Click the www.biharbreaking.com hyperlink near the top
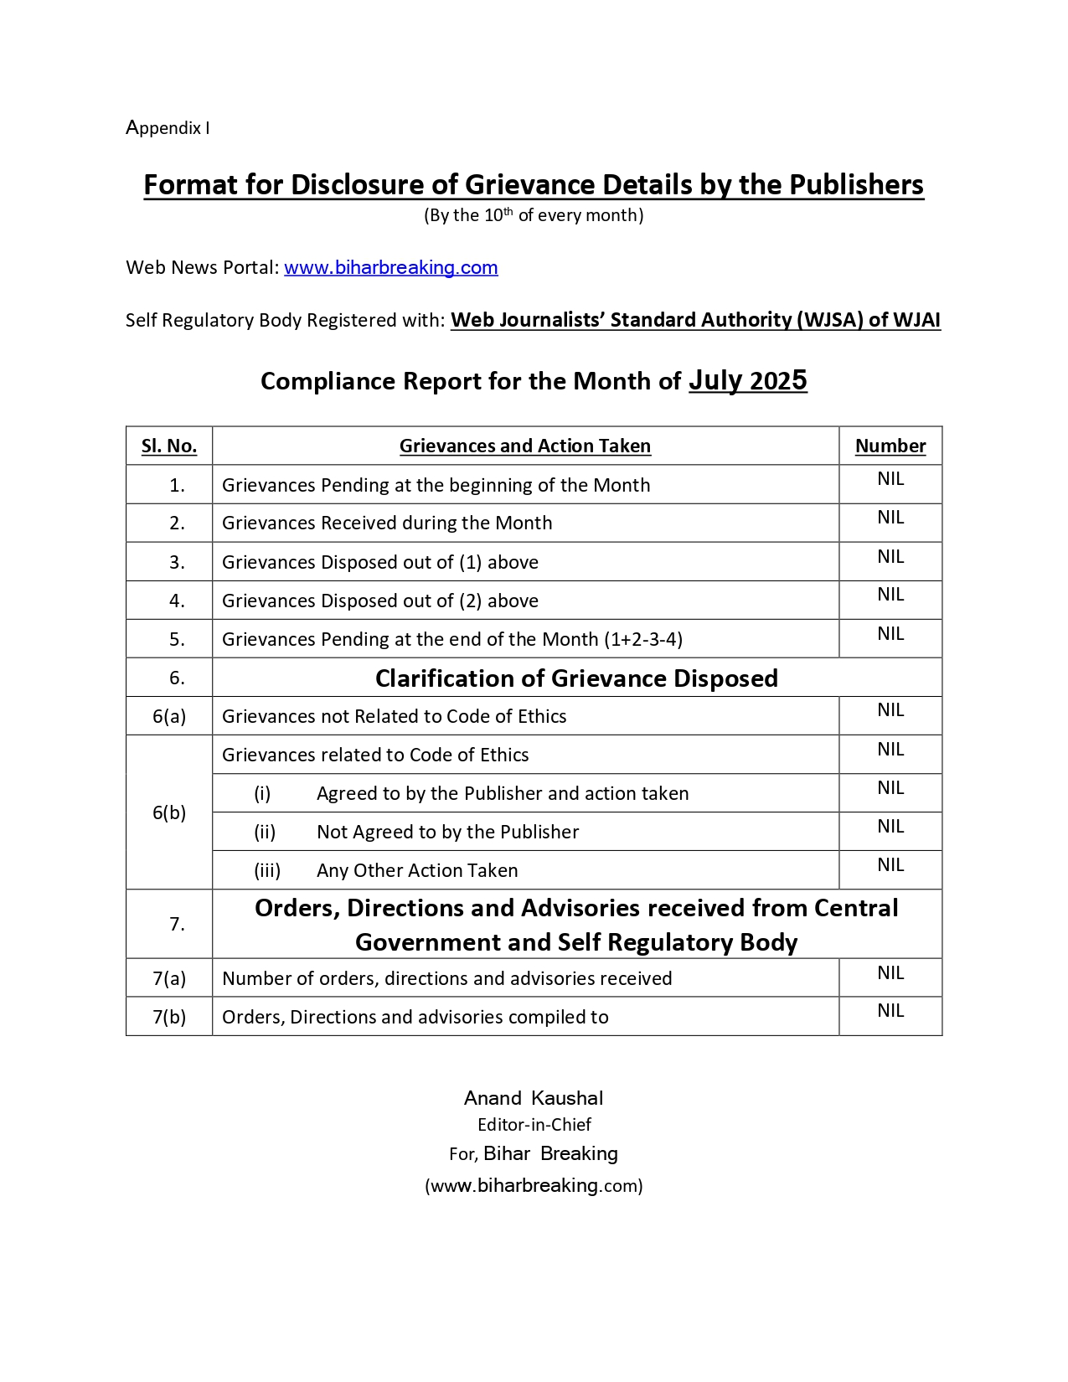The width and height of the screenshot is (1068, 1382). pos(390,268)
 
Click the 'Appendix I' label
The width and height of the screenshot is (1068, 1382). pos(168,128)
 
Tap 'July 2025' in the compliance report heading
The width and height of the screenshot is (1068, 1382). pos(747,381)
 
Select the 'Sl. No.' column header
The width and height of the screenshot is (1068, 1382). pos(169,446)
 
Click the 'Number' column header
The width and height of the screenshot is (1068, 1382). pos(890,446)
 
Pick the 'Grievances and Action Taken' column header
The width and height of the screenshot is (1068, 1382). pos(525,446)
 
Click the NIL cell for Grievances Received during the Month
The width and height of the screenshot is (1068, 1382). pos(890,518)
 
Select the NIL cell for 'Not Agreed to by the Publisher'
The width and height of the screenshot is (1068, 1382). pos(890,827)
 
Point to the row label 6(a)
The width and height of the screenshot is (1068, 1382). pos(169,717)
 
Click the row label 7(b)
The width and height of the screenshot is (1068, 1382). pos(169,1018)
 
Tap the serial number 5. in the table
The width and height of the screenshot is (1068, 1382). pos(177,640)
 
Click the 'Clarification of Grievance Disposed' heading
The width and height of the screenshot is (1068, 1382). pos(576,678)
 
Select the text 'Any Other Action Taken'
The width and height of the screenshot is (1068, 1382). pos(417,871)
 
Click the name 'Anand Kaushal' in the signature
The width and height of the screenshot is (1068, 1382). pos(534,1099)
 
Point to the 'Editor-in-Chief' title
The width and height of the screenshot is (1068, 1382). pos(534,1125)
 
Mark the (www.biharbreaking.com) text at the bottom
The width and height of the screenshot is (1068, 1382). pos(534,1186)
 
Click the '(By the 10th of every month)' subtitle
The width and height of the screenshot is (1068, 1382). pos(534,216)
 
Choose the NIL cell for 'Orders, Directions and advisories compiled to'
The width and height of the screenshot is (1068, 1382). pos(890,1011)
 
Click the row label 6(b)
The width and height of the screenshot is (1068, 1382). pos(169,813)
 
